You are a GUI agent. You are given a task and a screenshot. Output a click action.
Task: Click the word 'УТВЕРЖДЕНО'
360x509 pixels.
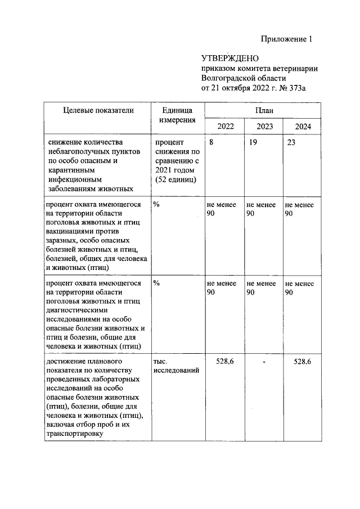(x=229, y=58)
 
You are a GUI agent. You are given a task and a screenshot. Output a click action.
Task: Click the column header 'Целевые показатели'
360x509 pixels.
(x=98, y=110)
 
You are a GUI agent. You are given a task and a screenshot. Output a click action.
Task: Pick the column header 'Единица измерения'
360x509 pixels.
(x=177, y=115)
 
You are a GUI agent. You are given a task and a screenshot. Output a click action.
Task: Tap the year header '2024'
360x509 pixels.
(x=302, y=127)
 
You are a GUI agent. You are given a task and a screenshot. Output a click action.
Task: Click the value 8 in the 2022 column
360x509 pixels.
(x=211, y=143)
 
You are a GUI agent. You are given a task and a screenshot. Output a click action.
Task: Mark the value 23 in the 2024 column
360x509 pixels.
(x=291, y=143)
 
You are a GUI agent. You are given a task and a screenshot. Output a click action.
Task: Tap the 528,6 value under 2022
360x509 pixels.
(x=225, y=361)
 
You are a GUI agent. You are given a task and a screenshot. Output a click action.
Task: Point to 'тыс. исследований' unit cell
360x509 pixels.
(x=175, y=365)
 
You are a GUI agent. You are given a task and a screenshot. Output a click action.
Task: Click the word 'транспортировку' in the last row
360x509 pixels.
(x=75, y=433)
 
